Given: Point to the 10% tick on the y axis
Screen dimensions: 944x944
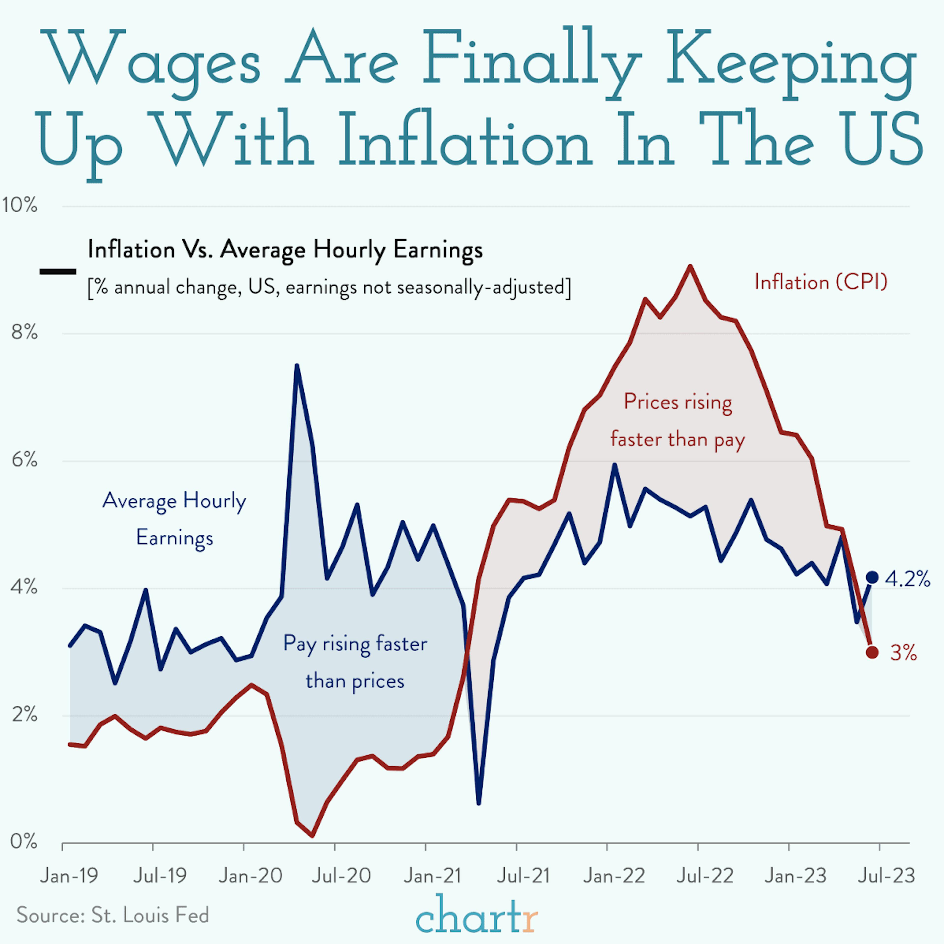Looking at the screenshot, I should (20, 205).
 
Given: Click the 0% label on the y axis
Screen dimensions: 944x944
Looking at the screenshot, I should (23, 841).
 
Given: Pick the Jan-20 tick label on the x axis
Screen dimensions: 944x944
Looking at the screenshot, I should (250, 876).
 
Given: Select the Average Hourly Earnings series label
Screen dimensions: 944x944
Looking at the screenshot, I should (175, 519).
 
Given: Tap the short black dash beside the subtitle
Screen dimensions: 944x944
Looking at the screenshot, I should (58, 271).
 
